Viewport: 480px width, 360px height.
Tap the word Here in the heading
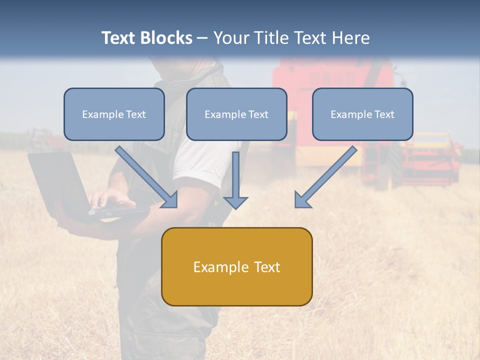pos(352,38)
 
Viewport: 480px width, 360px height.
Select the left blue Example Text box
pos(114,114)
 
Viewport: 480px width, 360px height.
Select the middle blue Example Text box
pos(236,114)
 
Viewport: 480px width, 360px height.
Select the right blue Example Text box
pos(362,114)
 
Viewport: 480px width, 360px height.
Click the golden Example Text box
pos(236,266)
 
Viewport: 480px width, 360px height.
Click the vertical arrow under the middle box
pos(235,180)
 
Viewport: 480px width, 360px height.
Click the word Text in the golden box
pos(265,266)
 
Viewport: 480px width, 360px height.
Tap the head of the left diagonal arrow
pos(170,200)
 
